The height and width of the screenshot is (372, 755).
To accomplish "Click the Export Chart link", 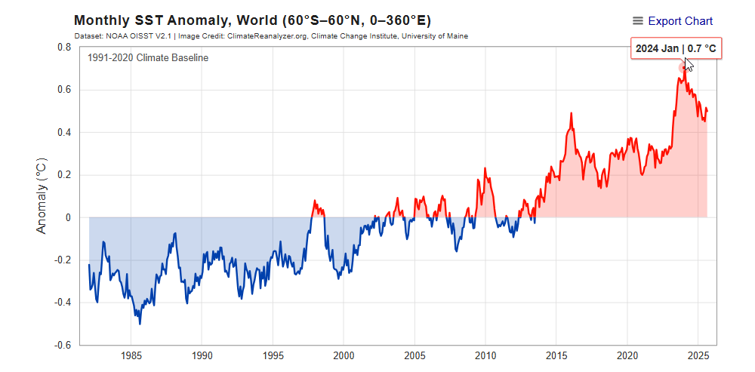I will point(679,21).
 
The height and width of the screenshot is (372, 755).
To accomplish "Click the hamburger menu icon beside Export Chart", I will point(638,21).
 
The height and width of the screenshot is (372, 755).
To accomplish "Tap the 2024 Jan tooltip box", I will point(676,48).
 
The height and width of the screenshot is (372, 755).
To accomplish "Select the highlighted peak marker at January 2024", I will point(683,68).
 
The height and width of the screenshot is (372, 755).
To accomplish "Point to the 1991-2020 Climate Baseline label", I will point(148,58).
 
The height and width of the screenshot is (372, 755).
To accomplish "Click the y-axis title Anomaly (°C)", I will point(42,195).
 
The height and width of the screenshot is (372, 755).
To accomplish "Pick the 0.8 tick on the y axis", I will point(64,47).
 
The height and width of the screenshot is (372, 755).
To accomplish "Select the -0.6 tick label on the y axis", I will point(63,345).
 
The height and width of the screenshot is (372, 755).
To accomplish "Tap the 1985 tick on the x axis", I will point(131,355).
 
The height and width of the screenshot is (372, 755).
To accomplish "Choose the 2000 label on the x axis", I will point(344,355).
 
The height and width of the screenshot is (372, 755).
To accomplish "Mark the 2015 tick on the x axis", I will point(556,355).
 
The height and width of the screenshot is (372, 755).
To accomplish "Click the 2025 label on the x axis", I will point(698,355).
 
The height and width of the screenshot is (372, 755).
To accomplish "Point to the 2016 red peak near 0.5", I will point(571,113).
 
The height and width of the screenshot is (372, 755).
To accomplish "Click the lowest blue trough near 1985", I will point(140,324).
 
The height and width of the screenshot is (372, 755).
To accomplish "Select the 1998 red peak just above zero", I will point(315,201).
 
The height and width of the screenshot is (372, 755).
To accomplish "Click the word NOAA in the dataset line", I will point(117,35).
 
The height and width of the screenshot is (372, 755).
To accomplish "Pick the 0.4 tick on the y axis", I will point(64,132).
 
